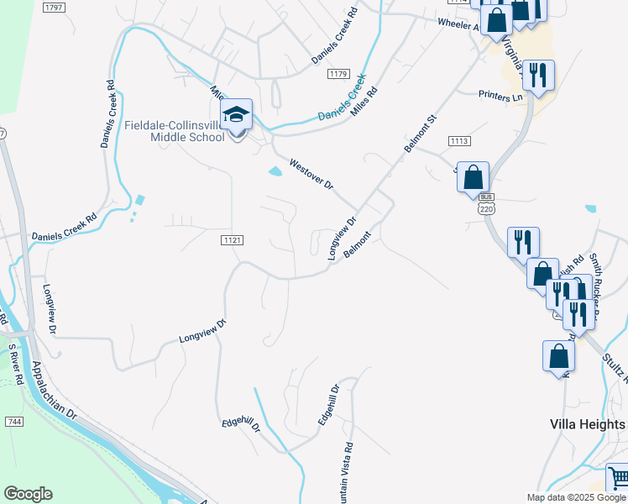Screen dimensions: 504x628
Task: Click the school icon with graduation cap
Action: (x=236, y=115)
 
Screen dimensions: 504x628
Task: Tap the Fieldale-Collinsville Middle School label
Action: (x=174, y=132)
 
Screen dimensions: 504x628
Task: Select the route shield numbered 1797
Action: (x=53, y=7)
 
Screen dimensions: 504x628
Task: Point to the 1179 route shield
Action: (x=338, y=75)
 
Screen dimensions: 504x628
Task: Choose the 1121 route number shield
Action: (x=233, y=240)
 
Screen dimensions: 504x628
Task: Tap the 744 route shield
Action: (x=13, y=421)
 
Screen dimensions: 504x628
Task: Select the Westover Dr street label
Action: (x=311, y=174)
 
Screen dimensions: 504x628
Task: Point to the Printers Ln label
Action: (x=500, y=97)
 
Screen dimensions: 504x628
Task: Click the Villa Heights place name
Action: (x=587, y=424)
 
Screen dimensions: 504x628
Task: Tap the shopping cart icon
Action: (x=618, y=478)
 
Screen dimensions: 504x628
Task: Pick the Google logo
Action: (x=28, y=494)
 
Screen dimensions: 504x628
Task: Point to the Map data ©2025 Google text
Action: (x=576, y=497)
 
